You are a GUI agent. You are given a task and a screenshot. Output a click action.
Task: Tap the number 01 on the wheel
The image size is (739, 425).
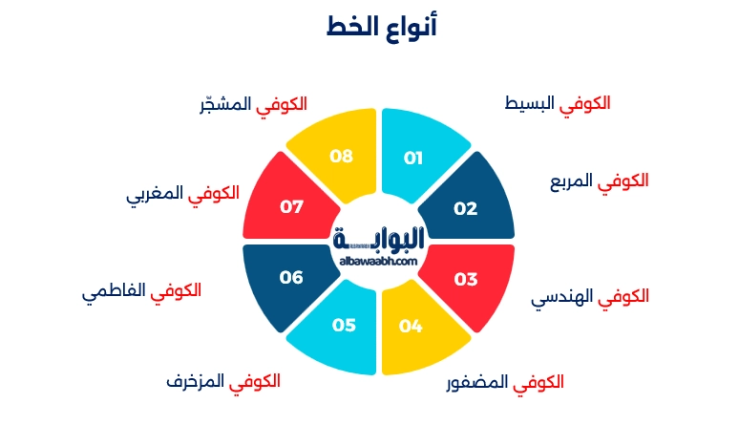(x=413, y=159)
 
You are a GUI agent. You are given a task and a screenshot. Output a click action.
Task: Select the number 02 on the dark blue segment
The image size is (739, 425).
(x=465, y=208)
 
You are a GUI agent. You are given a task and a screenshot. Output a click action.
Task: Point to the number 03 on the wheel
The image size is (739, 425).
(x=465, y=280)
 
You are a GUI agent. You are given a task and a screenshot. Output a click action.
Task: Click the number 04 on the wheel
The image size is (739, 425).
(x=411, y=327)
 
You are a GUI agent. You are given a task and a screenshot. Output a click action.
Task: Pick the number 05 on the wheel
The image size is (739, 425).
(x=344, y=325)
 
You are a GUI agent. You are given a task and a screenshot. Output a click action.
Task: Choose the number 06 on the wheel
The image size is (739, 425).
(x=291, y=277)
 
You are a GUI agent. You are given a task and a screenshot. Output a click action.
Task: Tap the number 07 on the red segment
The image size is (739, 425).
(x=291, y=205)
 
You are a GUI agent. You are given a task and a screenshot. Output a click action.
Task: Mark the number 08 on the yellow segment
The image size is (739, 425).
(x=341, y=156)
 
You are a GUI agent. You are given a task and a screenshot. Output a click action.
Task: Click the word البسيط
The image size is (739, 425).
(x=530, y=102)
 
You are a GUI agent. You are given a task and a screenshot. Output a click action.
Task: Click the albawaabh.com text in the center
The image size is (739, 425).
(x=378, y=260)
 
